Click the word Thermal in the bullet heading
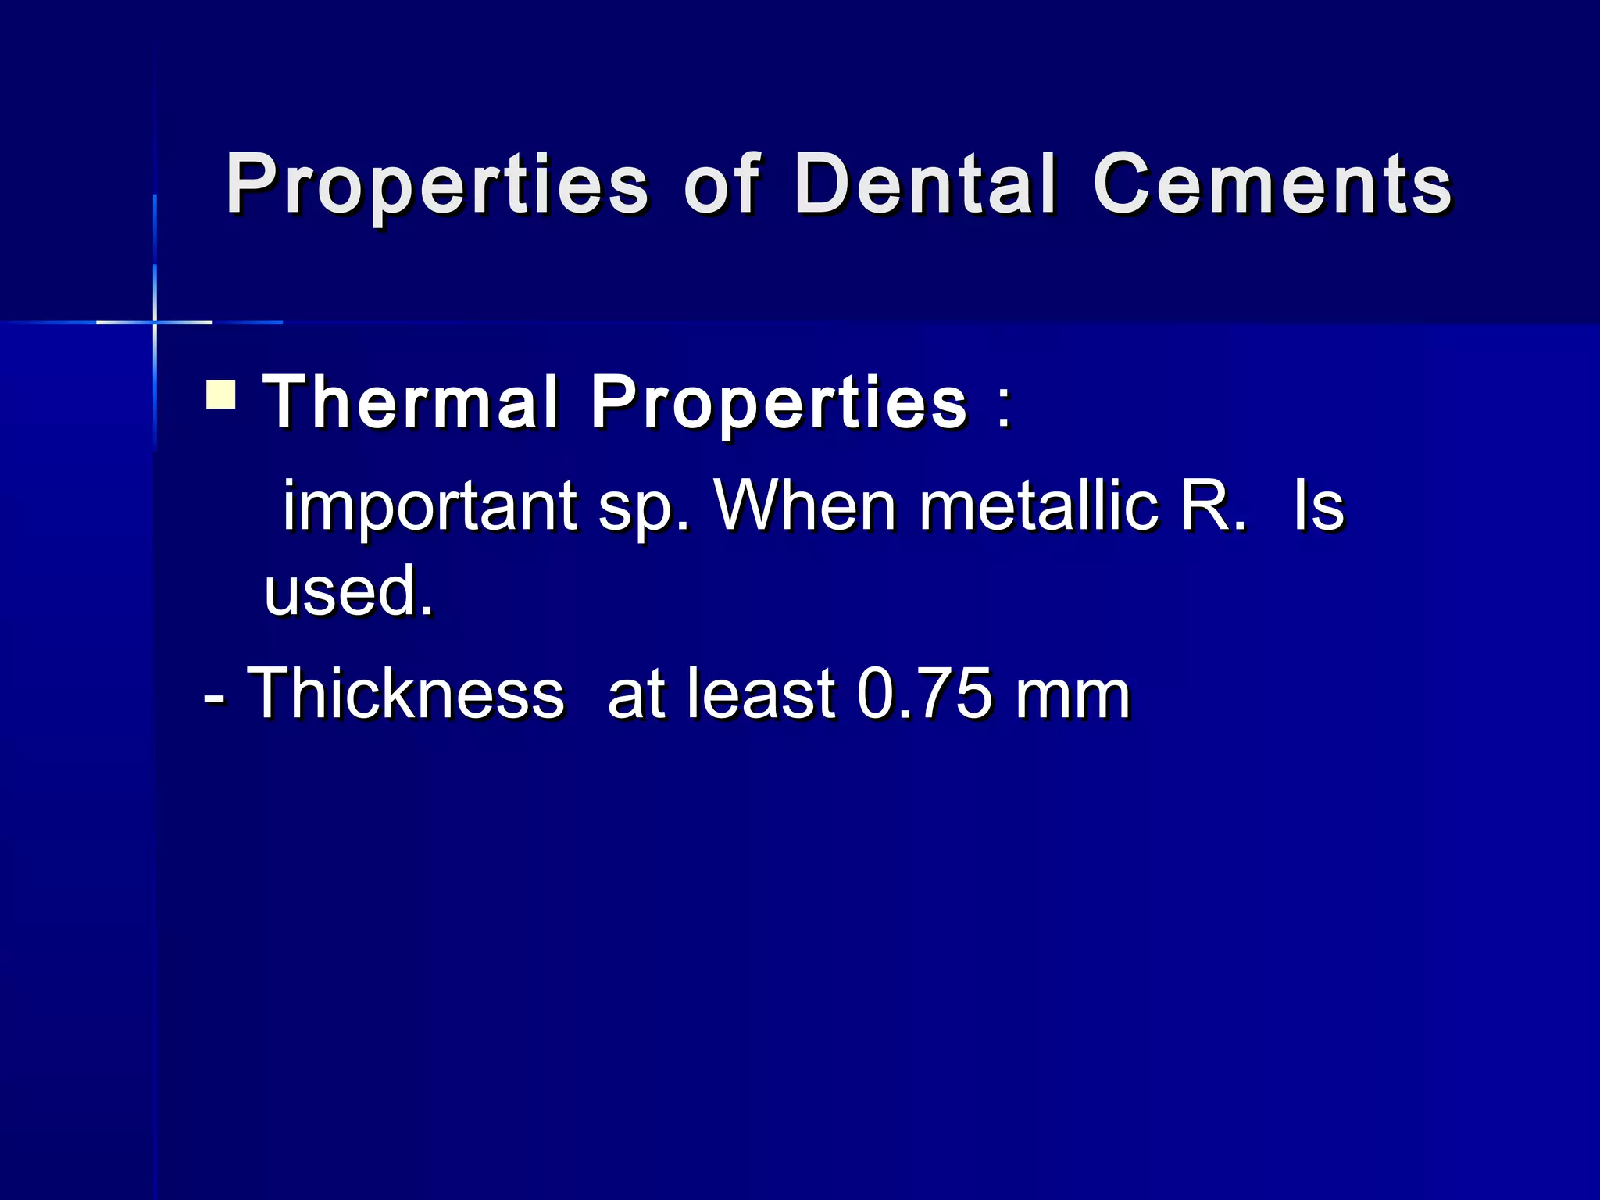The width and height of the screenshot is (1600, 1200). click(x=411, y=402)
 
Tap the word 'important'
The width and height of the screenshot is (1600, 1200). click(x=429, y=506)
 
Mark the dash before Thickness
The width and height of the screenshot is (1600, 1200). click(x=215, y=695)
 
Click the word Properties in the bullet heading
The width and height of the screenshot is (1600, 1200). click(x=779, y=403)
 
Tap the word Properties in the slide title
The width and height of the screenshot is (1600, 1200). click(x=437, y=184)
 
